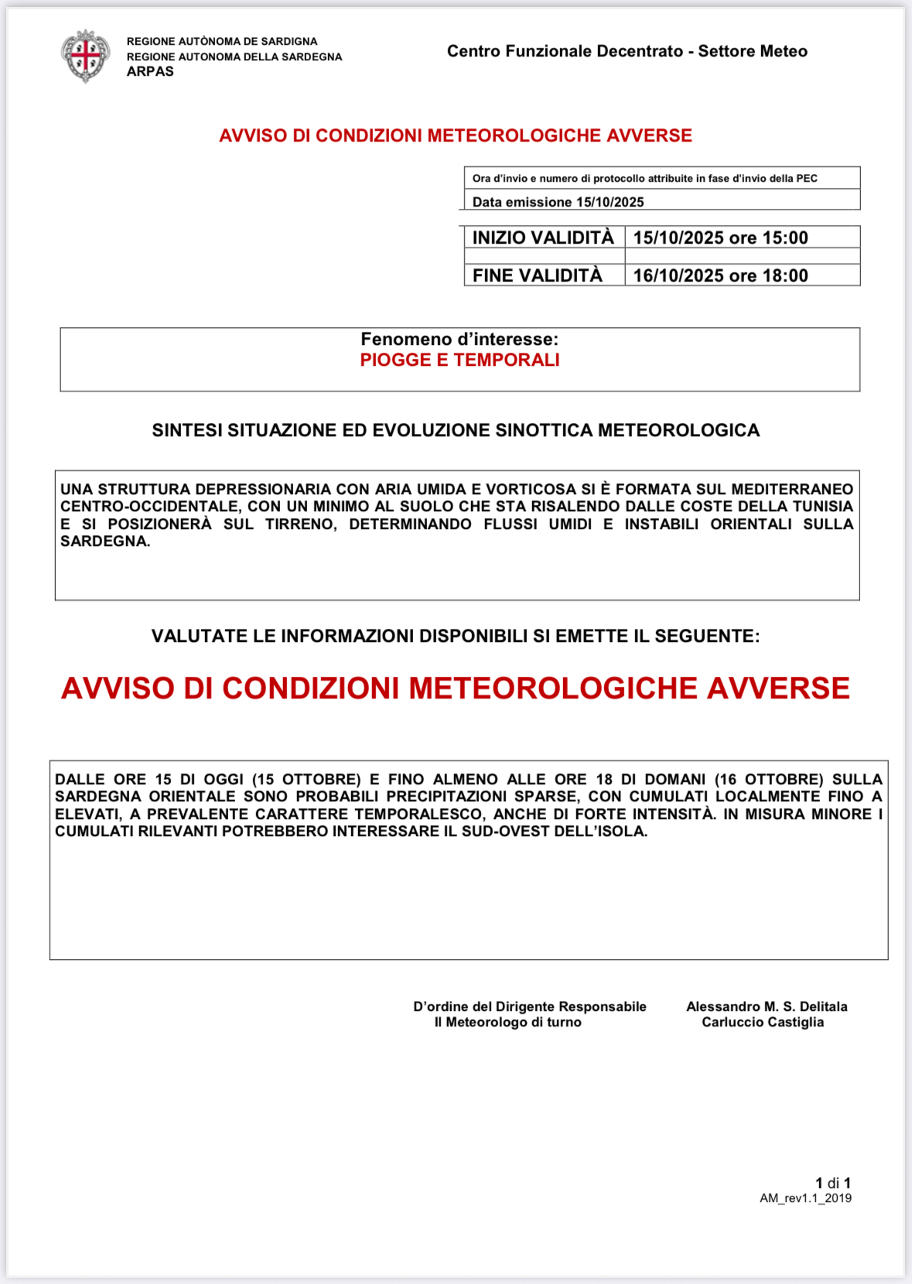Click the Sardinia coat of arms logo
pos(86,56)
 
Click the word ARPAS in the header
pos(150,71)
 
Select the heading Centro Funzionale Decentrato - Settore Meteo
pos(627,51)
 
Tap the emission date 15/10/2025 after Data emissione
pos(610,202)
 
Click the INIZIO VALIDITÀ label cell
pos(543,237)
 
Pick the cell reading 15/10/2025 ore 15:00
pos(720,237)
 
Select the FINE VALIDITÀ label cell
pos(538,275)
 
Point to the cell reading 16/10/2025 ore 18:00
pos(720,275)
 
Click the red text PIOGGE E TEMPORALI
pos(459,360)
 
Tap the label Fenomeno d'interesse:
pos(459,339)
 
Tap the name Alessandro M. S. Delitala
pos(767,1006)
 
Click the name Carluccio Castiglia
pos(763,1022)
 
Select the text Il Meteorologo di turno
pos(507,1022)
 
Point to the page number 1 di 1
pos(832,1183)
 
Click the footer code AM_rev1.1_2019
pos(805,1198)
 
